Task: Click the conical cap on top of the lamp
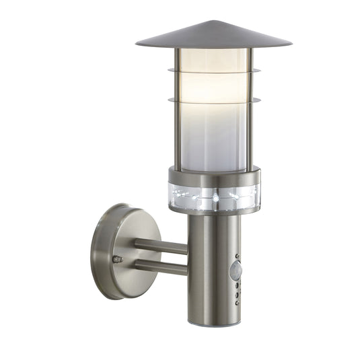[213, 35]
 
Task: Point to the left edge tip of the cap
[137, 44]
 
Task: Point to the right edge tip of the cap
[291, 44]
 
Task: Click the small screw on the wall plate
[118, 258]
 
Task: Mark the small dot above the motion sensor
[237, 258]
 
